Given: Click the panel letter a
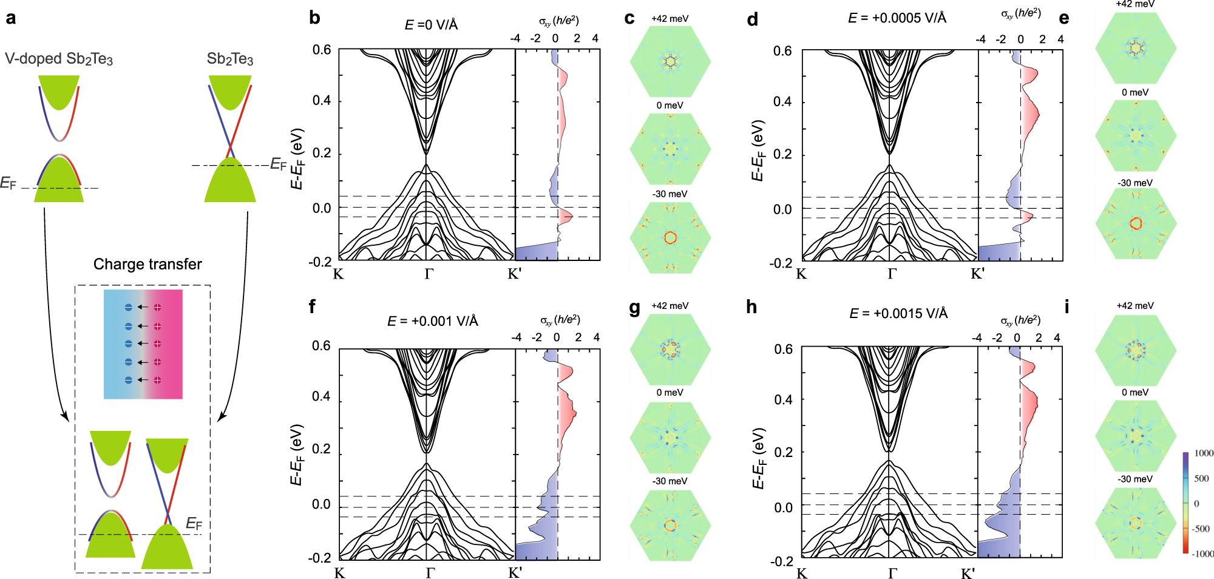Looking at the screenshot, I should click(x=10, y=18).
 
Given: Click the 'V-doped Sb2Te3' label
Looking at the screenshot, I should click(x=59, y=59).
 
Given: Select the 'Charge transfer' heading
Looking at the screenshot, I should click(x=148, y=264).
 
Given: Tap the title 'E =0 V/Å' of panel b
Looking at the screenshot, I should click(x=431, y=25).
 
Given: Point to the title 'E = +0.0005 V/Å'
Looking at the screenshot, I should click(x=897, y=18).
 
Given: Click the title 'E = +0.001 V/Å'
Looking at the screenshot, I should click(x=432, y=320).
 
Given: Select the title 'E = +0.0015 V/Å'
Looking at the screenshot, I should click(x=898, y=313).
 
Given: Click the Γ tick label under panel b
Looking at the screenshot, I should click(x=429, y=274).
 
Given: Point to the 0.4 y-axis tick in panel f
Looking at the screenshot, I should click(x=321, y=396).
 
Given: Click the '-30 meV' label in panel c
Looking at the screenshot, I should click(x=670, y=194).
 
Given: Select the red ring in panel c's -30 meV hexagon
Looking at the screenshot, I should click(x=670, y=237).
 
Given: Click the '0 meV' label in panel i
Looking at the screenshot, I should click(x=1134, y=393).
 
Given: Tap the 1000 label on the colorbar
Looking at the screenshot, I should click(x=1203, y=453).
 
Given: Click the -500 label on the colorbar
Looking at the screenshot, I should click(x=1201, y=529).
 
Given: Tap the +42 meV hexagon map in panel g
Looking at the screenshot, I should click(x=670, y=350).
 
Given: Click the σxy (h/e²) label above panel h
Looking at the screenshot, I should click(x=1020, y=320).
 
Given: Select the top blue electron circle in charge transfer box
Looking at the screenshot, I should click(x=128, y=307).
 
